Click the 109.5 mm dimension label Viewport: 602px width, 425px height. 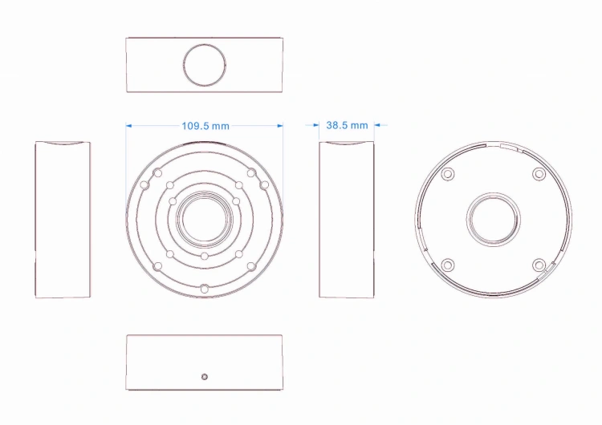point(205,126)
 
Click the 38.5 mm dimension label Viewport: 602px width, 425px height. point(347,125)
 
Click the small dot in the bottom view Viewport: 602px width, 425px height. point(205,377)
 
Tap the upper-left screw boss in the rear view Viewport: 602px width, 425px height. point(448,174)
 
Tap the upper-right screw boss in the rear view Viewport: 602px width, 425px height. point(539,174)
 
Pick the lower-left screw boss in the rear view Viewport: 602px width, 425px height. point(448,265)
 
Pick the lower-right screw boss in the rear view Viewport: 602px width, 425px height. point(539,265)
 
